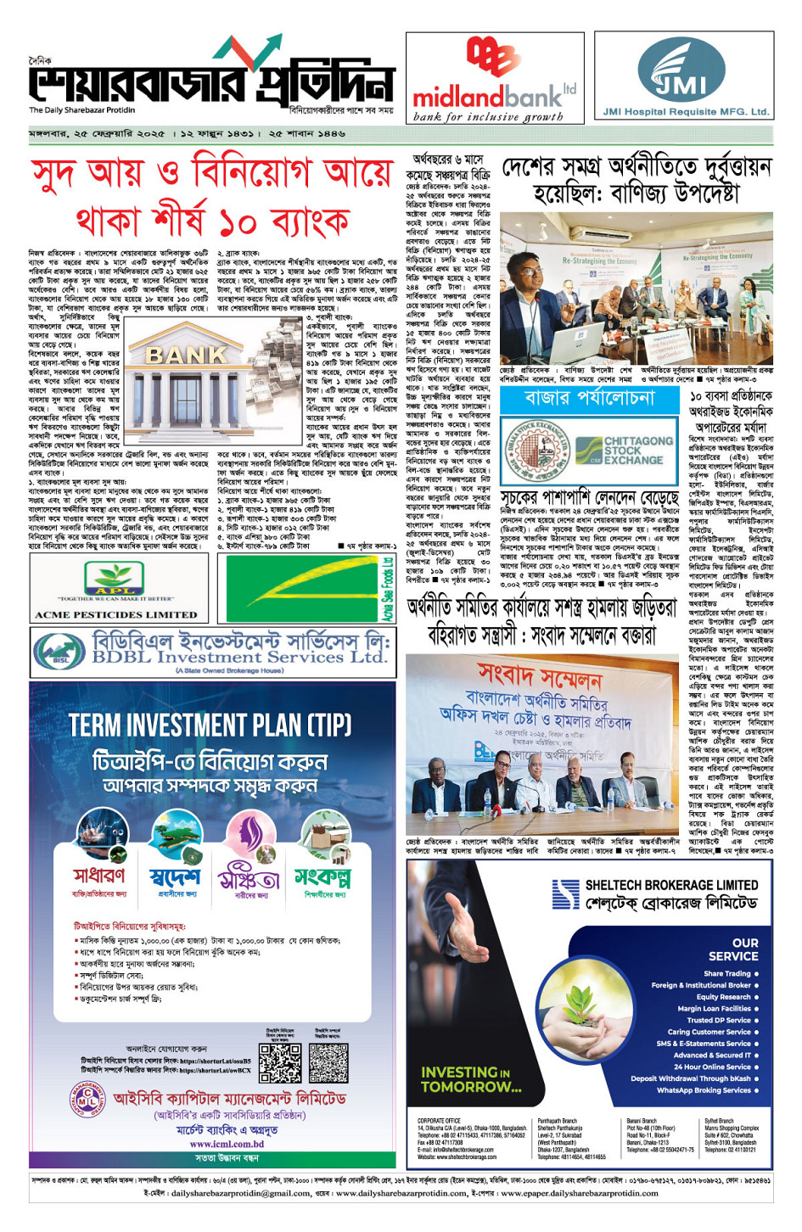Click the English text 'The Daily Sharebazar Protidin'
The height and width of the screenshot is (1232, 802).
pyautogui.click(x=81, y=110)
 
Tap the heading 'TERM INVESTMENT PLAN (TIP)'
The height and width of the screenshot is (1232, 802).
pyautogui.click(x=210, y=725)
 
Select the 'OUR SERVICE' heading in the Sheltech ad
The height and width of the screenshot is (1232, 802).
pyautogui.click(x=744, y=949)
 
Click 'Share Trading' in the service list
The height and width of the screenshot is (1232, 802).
pyautogui.click(x=726, y=973)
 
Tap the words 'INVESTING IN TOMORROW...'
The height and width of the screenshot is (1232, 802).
pyautogui.click(x=471, y=1079)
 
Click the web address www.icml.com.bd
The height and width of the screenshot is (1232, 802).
pyautogui.click(x=227, y=1144)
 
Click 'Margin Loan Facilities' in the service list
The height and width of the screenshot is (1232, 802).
pyautogui.click(x=714, y=1008)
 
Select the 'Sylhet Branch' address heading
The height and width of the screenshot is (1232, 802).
pyautogui.click(x=719, y=1121)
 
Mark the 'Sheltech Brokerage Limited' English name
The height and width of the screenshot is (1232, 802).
pyautogui.click(x=671, y=885)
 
